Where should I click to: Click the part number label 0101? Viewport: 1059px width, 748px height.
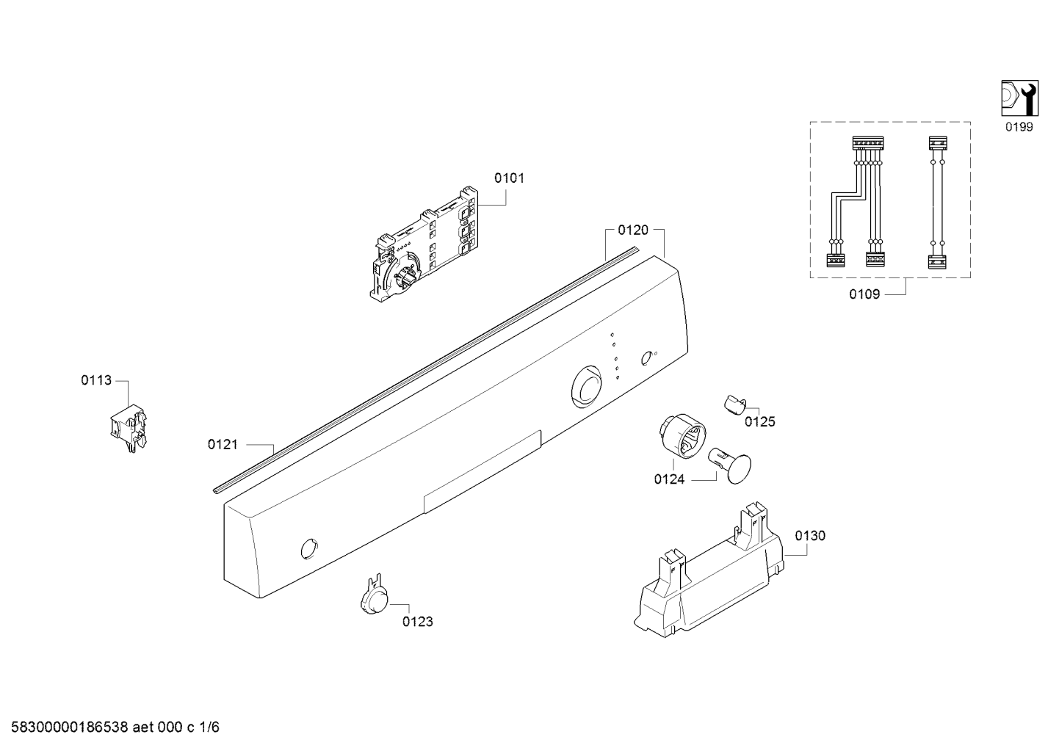(509, 178)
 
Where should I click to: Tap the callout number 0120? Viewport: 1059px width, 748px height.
(633, 230)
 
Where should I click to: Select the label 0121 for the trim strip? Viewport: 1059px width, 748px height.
(223, 444)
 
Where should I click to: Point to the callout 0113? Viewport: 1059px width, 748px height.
(96, 380)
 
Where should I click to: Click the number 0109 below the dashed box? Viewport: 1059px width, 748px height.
(864, 294)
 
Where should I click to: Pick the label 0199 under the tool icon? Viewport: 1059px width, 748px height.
(1019, 127)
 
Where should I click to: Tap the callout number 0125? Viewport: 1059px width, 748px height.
(760, 421)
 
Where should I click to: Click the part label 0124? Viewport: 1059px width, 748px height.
(669, 479)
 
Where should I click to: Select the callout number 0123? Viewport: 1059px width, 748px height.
(417, 621)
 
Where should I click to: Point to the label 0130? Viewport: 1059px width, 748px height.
(810, 535)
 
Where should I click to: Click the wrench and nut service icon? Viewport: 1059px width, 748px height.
(1019, 98)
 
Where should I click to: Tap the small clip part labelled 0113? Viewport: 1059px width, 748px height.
(128, 428)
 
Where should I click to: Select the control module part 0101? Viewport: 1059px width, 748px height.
(424, 244)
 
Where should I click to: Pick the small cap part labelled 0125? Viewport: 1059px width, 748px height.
(734, 405)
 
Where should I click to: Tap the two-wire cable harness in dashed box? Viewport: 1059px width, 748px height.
(937, 203)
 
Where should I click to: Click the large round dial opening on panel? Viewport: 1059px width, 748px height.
(587, 385)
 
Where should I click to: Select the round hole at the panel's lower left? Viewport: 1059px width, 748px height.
(308, 548)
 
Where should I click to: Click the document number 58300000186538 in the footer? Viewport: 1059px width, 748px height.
(69, 727)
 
